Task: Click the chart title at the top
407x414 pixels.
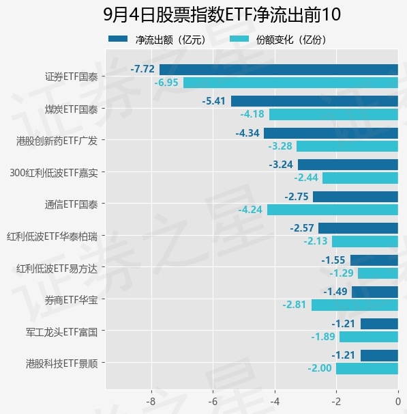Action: (222, 14)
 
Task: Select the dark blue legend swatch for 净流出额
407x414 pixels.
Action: (118, 39)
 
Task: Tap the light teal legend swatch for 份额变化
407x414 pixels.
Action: (239, 39)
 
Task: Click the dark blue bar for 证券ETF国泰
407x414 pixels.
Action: (279, 70)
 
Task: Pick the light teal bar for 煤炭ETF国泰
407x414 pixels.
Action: (333, 115)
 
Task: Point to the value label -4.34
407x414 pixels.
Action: (247, 133)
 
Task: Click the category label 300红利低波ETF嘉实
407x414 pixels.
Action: (54, 173)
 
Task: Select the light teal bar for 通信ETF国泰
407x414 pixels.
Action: (333, 210)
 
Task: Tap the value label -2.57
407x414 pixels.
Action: (302, 228)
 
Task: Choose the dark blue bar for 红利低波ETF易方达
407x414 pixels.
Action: (374, 260)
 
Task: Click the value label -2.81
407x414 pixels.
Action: (294, 305)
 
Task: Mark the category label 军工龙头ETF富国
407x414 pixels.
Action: (61, 332)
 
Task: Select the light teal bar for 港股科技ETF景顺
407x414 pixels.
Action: (367, 369)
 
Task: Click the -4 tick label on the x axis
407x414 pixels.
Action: (275, 402)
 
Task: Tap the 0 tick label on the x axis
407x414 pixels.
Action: (398, 402)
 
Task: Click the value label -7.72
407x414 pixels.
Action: (142, 69)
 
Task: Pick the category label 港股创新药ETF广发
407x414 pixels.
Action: (57, 141)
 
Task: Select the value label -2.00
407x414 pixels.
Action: (320, 368)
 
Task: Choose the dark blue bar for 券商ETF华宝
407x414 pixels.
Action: (375, 292)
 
